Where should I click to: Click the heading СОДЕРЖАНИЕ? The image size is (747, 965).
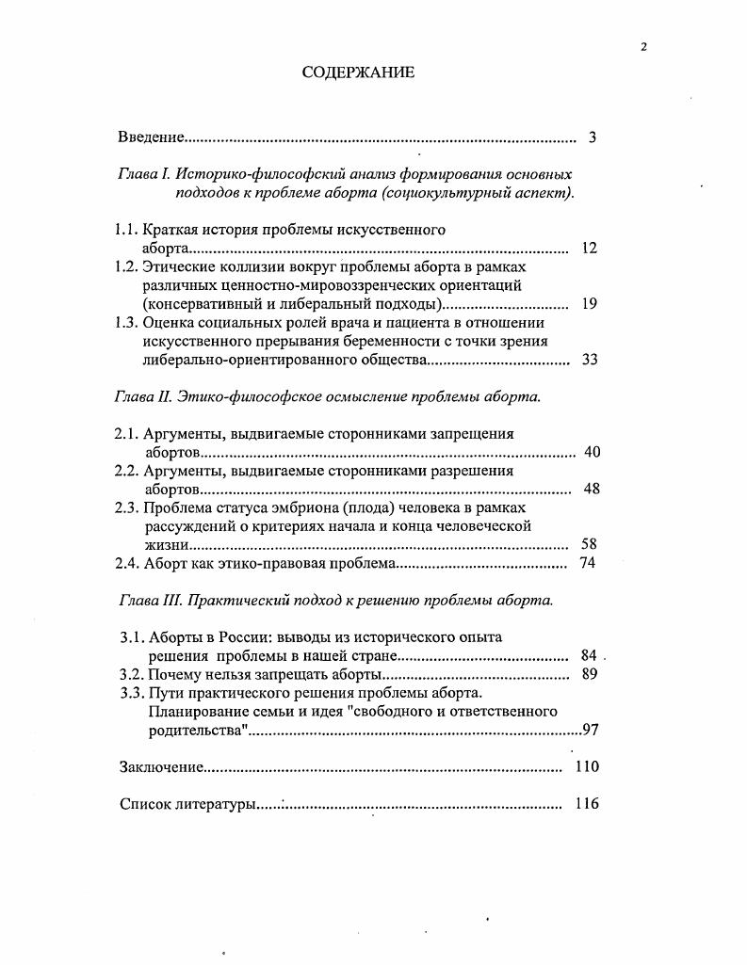click(358, 73)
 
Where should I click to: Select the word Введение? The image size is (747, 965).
click(152, 137)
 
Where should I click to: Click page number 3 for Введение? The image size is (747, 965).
click(593, 137)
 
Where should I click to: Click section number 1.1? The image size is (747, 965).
click(126, 230)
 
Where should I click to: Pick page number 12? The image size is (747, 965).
click(590, 249)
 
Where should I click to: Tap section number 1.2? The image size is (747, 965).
click(126, 266)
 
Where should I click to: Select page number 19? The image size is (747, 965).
click(590, 304)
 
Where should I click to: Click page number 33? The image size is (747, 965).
click(590, 360)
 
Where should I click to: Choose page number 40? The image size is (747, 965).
click(592, 452)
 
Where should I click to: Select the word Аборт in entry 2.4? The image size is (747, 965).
click(165, 563)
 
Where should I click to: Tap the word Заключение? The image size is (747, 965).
click(162, 766)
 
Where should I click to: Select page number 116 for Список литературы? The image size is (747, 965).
click(587, 804)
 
